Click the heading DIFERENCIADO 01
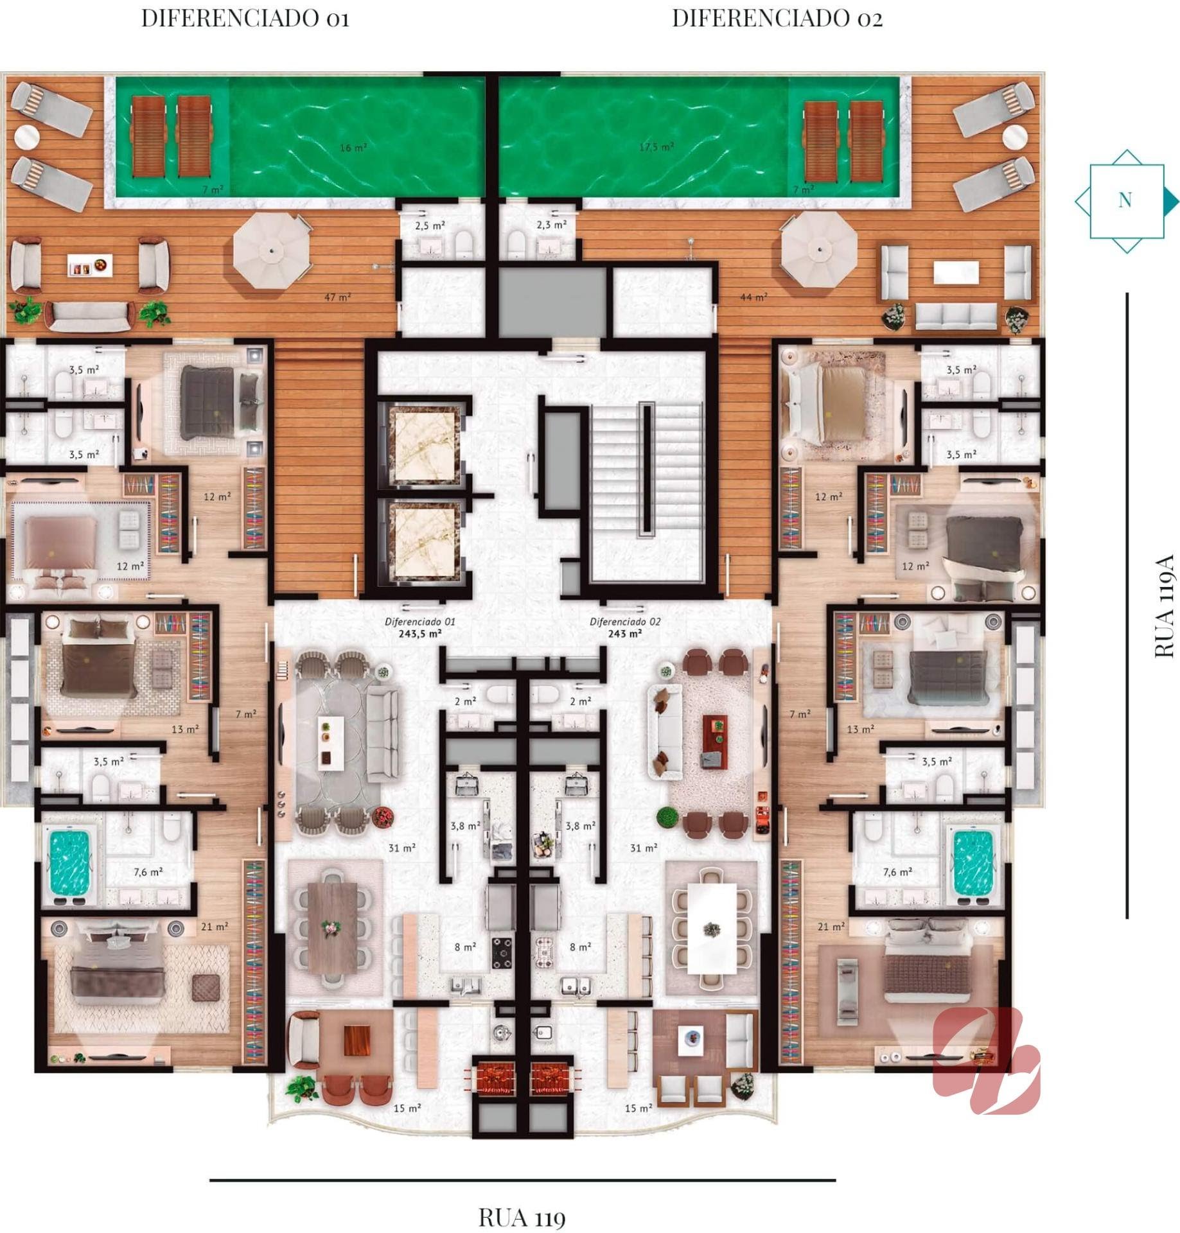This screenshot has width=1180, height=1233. (245, 18)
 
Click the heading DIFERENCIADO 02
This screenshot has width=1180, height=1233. (777, 18)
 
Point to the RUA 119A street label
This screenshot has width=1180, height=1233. (1164, 606)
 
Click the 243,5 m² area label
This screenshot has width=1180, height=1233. (420, 633)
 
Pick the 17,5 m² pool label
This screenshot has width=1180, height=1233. (656, 147)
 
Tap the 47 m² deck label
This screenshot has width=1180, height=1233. (337, 297)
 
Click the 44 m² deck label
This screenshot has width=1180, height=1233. (753, 297)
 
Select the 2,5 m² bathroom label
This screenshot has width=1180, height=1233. (430, 225)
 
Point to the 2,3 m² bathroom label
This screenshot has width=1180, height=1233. (552, 225)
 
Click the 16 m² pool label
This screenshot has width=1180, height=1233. (353, 148)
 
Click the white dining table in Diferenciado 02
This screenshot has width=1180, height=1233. (712, 929)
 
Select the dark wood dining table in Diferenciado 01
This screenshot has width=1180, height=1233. (332, 927)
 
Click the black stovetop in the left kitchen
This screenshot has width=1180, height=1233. (502, 952)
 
